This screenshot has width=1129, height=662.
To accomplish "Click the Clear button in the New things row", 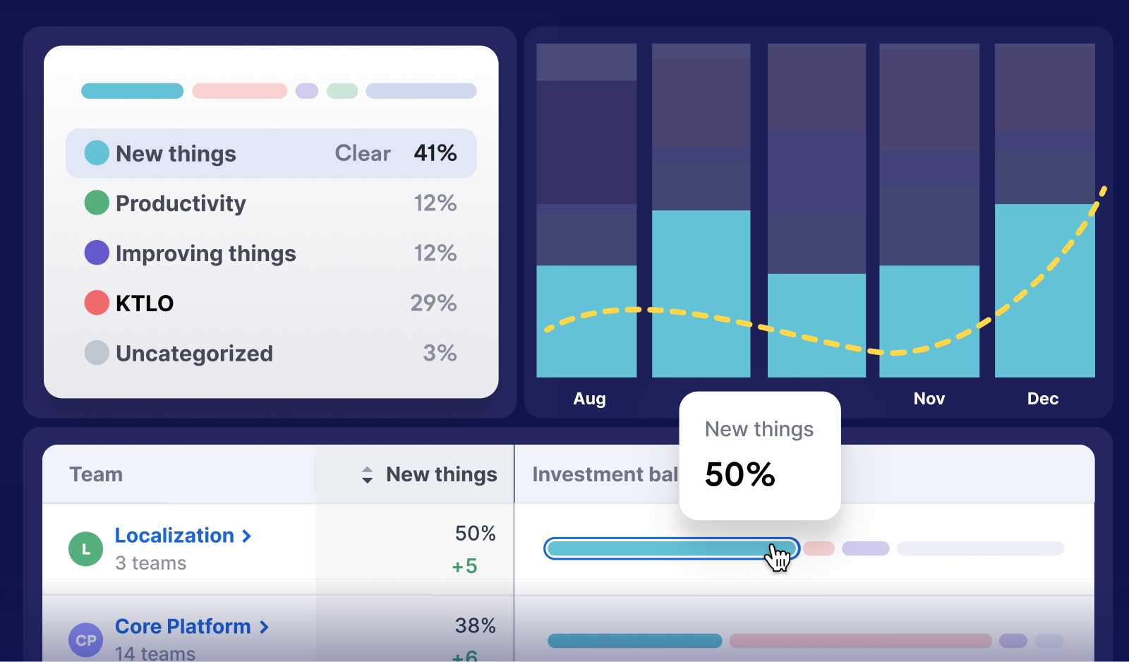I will tap(362, 153).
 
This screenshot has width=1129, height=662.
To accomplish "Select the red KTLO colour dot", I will tap(97, 303).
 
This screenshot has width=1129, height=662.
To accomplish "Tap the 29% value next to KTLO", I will tap(433, 303).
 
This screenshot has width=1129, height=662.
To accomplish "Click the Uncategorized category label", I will tap(194, 353).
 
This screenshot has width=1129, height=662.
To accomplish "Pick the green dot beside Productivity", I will tap(97, 203).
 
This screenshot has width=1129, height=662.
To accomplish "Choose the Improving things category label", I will tap(205, 253).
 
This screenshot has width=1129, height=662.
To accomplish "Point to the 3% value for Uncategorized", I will tap(440, 353).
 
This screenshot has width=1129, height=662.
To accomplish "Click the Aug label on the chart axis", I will tap(589, 399).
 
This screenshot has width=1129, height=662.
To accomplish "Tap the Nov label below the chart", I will tap(929, 399).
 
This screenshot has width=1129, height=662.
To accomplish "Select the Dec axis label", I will tap(1042, 399).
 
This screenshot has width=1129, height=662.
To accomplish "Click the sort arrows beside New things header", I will tap(367, 475).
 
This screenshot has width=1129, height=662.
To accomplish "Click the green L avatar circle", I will tap(86, 549).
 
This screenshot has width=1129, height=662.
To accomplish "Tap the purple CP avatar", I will tap(86, 640).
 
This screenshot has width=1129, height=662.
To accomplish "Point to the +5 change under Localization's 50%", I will tap(464, 566).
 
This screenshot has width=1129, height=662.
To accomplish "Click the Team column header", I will tap(96, 474).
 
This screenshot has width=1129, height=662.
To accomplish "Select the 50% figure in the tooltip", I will tap(739, 474).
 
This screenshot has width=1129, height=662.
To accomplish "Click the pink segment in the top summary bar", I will tap(239, 91).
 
